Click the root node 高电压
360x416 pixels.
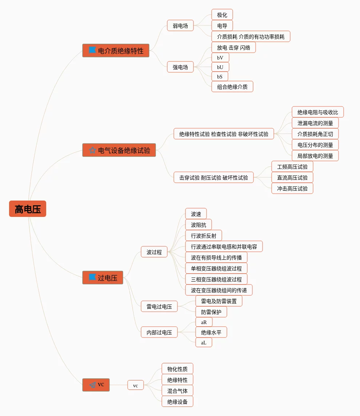tap(28, 209)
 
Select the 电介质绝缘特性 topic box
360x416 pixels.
tap(116, 51)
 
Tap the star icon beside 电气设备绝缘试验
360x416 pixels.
tap(92, 150)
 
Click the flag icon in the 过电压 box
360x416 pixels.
tap(92, 277)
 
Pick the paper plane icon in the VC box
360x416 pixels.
tap(92, 385)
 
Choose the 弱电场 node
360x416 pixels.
tap(180, 25)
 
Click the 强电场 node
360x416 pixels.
tap(180, 67)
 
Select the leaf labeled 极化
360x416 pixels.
tap(222, 15)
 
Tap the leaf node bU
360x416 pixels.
tap(220, 67)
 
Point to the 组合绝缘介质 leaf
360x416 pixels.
tap(232, 86)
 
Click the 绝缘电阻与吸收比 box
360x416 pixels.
tap(317, 112)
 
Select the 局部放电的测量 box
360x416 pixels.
tap(315, 156)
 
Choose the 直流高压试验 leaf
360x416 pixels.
tap(292, 178)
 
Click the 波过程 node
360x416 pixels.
tap(154, 252)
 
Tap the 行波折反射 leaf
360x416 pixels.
tap(203, 236)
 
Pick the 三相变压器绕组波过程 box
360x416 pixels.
tap(216, 279)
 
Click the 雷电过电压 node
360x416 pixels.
tap(159, 306)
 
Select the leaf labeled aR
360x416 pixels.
tap(204, 322)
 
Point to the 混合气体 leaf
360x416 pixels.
tap(177, 391)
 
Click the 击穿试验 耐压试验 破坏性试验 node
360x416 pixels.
tap(213, 178)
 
